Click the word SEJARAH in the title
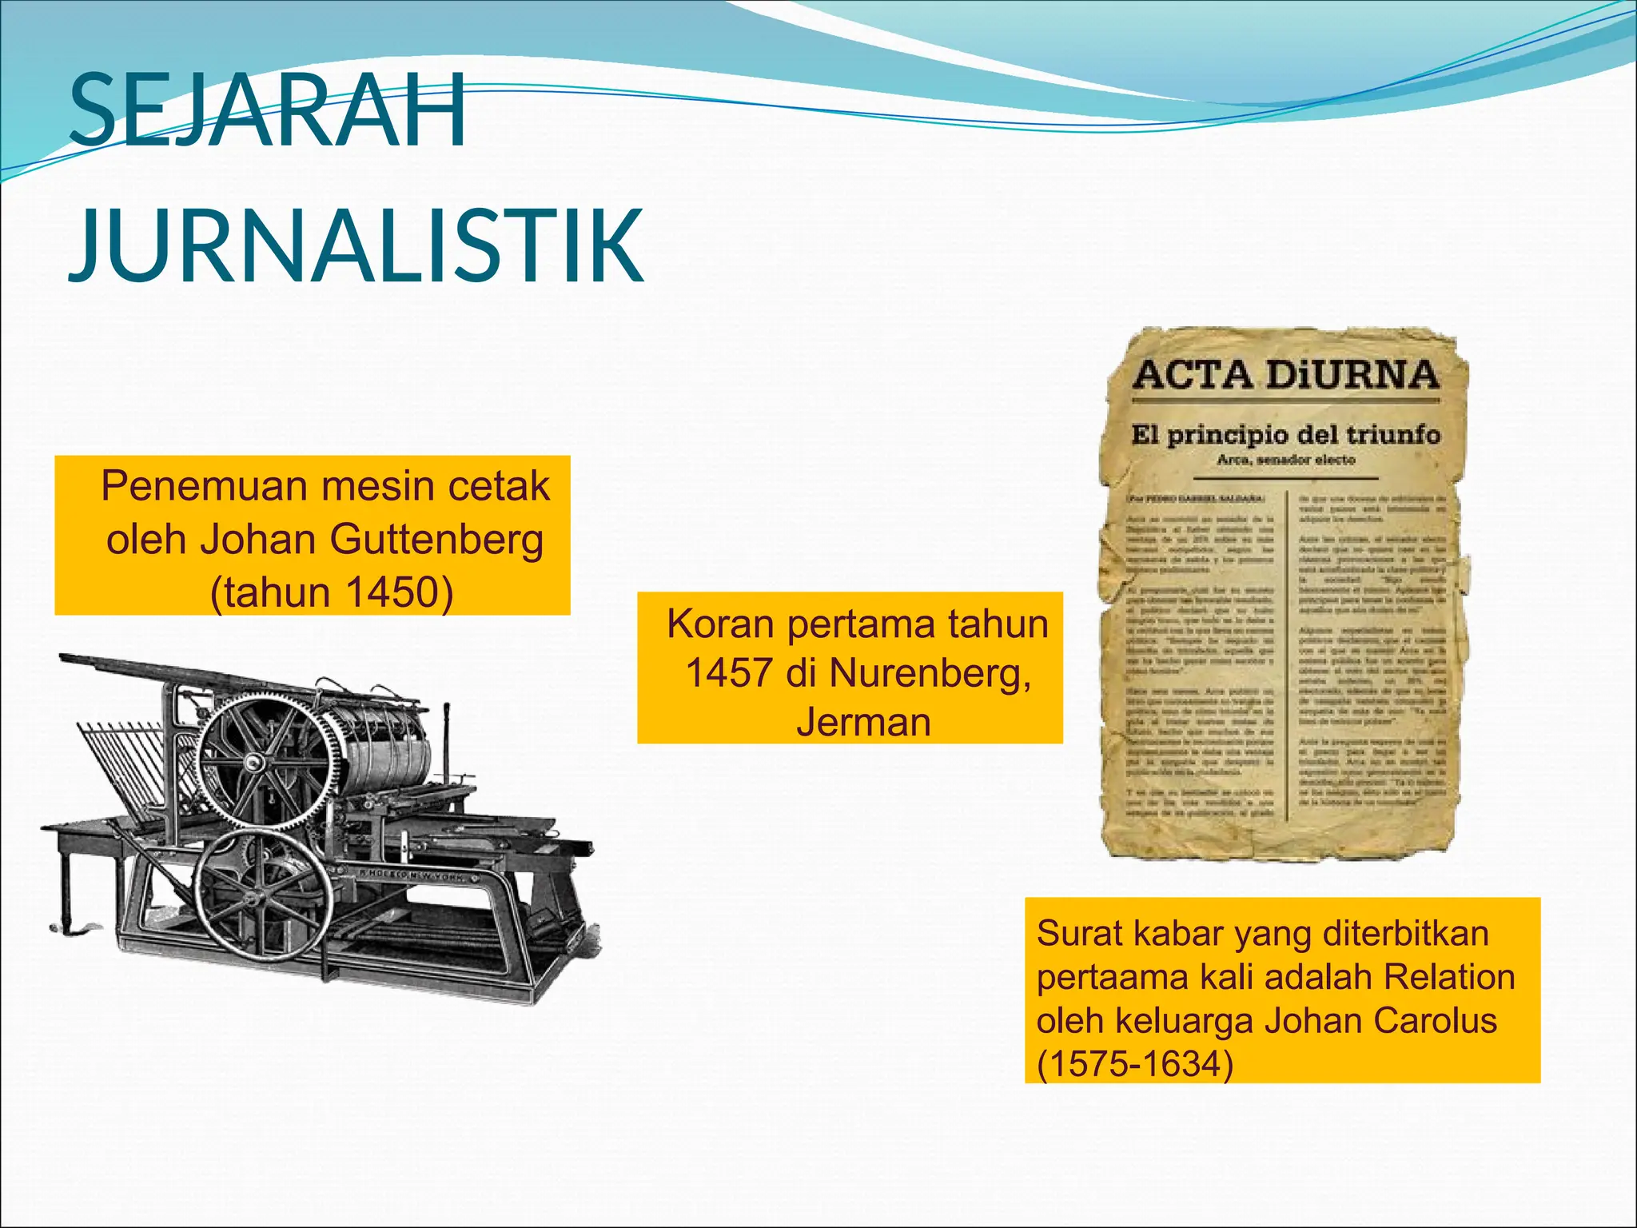[268, 112]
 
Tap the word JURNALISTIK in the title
[356, 245]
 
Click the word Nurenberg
[930, 673]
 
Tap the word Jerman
[863, 723]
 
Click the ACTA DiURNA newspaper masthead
[1285, 374]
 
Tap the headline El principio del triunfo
[1285, 436]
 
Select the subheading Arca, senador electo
[1285, 460]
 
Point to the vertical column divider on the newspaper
[1286, 656]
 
